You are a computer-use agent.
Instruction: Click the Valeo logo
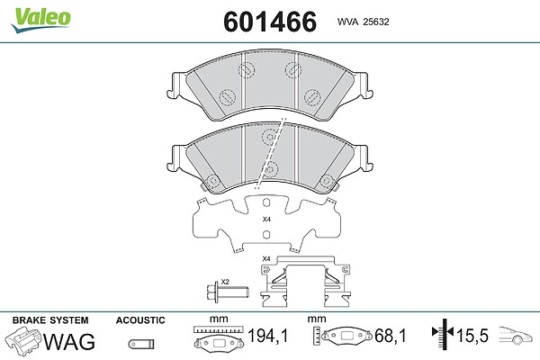[40, 20]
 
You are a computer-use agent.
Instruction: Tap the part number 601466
[270, 22]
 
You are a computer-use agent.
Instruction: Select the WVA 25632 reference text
[363, 22]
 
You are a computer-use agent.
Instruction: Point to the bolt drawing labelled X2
[229, 292]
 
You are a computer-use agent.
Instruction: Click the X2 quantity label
[225, 282]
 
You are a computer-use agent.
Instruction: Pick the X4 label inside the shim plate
[266, 219]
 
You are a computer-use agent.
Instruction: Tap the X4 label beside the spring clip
[266, 258]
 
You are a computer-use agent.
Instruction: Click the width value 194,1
[268, 336]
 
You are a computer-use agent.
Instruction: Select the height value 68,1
[391, 336]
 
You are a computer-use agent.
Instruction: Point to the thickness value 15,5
[472, 336]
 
